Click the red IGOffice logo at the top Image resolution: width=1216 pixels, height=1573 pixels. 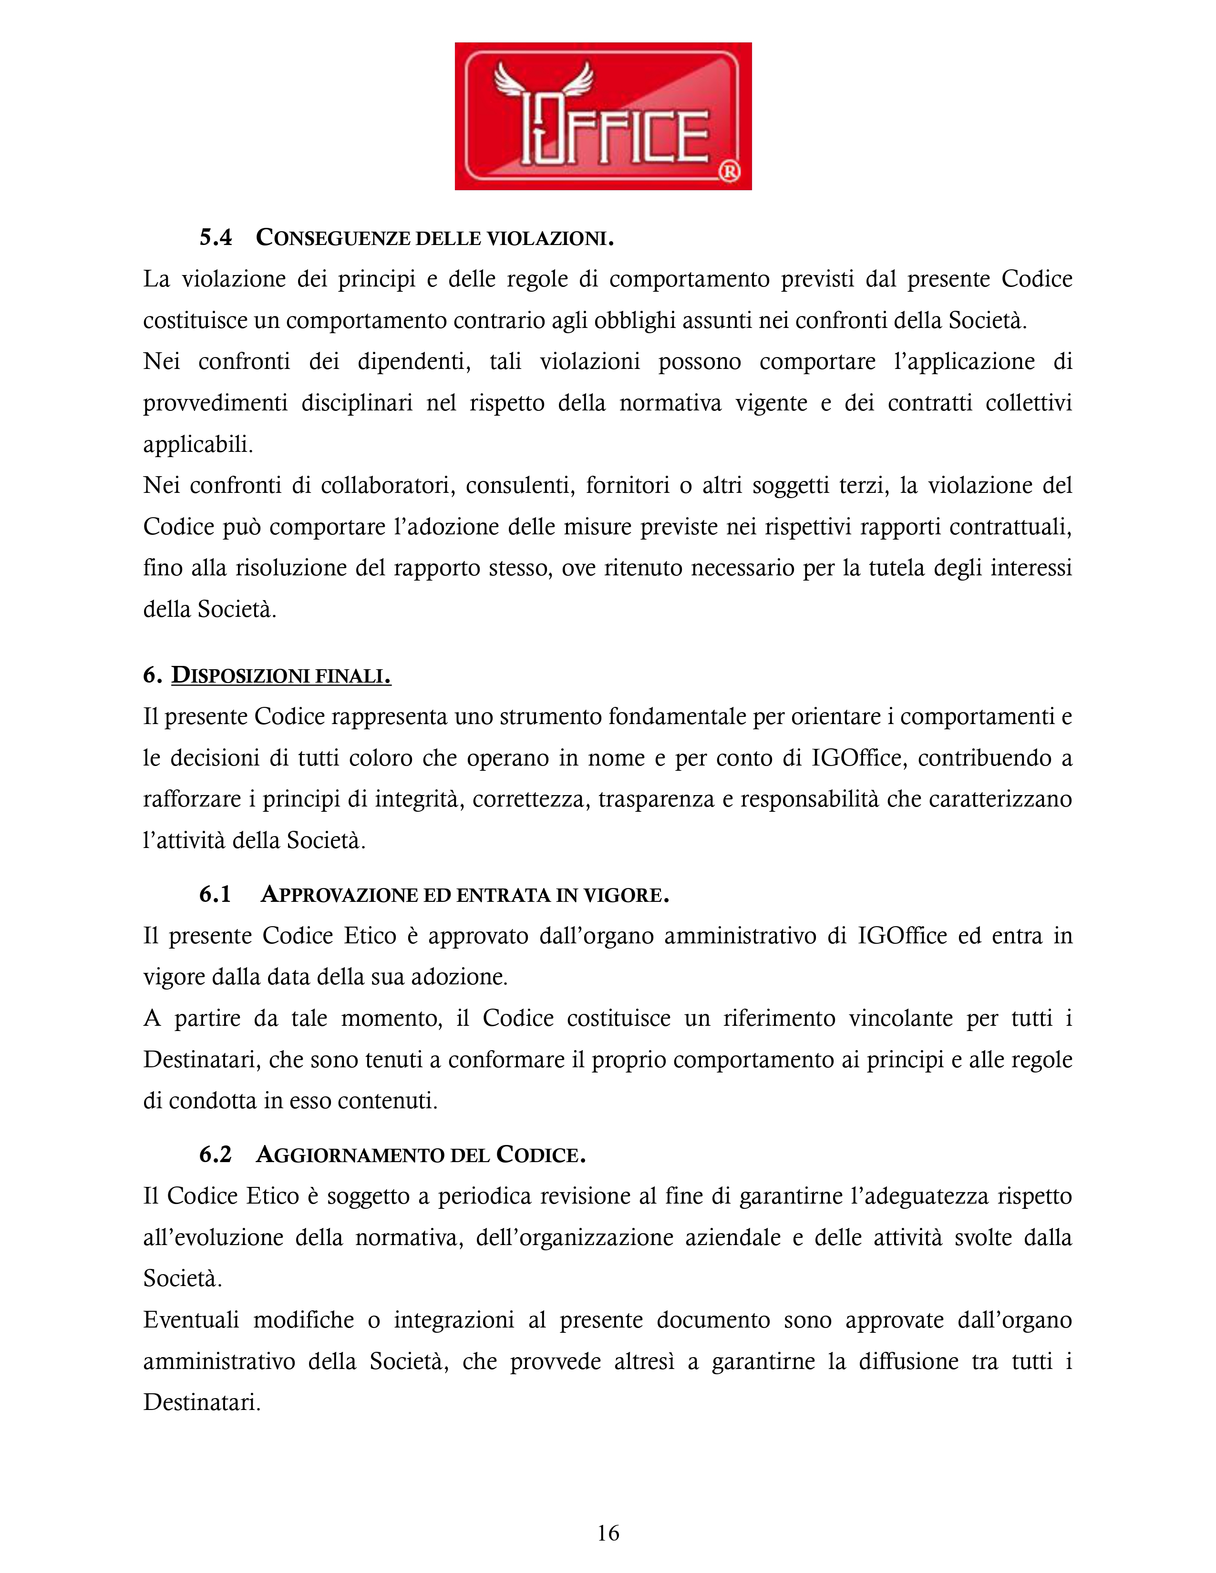[603, 116]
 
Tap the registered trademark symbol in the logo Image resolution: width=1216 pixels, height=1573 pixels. [729, 172]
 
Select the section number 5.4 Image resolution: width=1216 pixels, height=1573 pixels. [216, 238]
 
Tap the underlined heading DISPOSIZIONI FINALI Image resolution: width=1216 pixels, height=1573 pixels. [281, 675]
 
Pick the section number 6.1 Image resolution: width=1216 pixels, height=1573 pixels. [215, 895]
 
